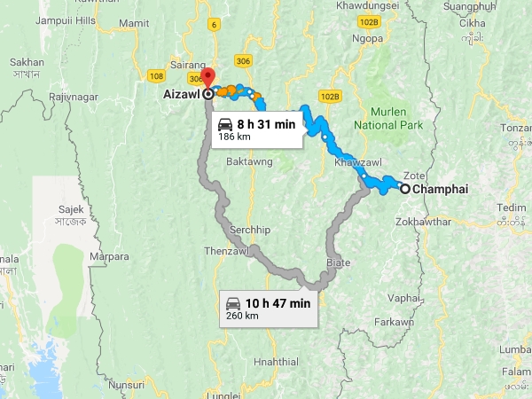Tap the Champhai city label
point(440,189)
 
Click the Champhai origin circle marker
point(404,189)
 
